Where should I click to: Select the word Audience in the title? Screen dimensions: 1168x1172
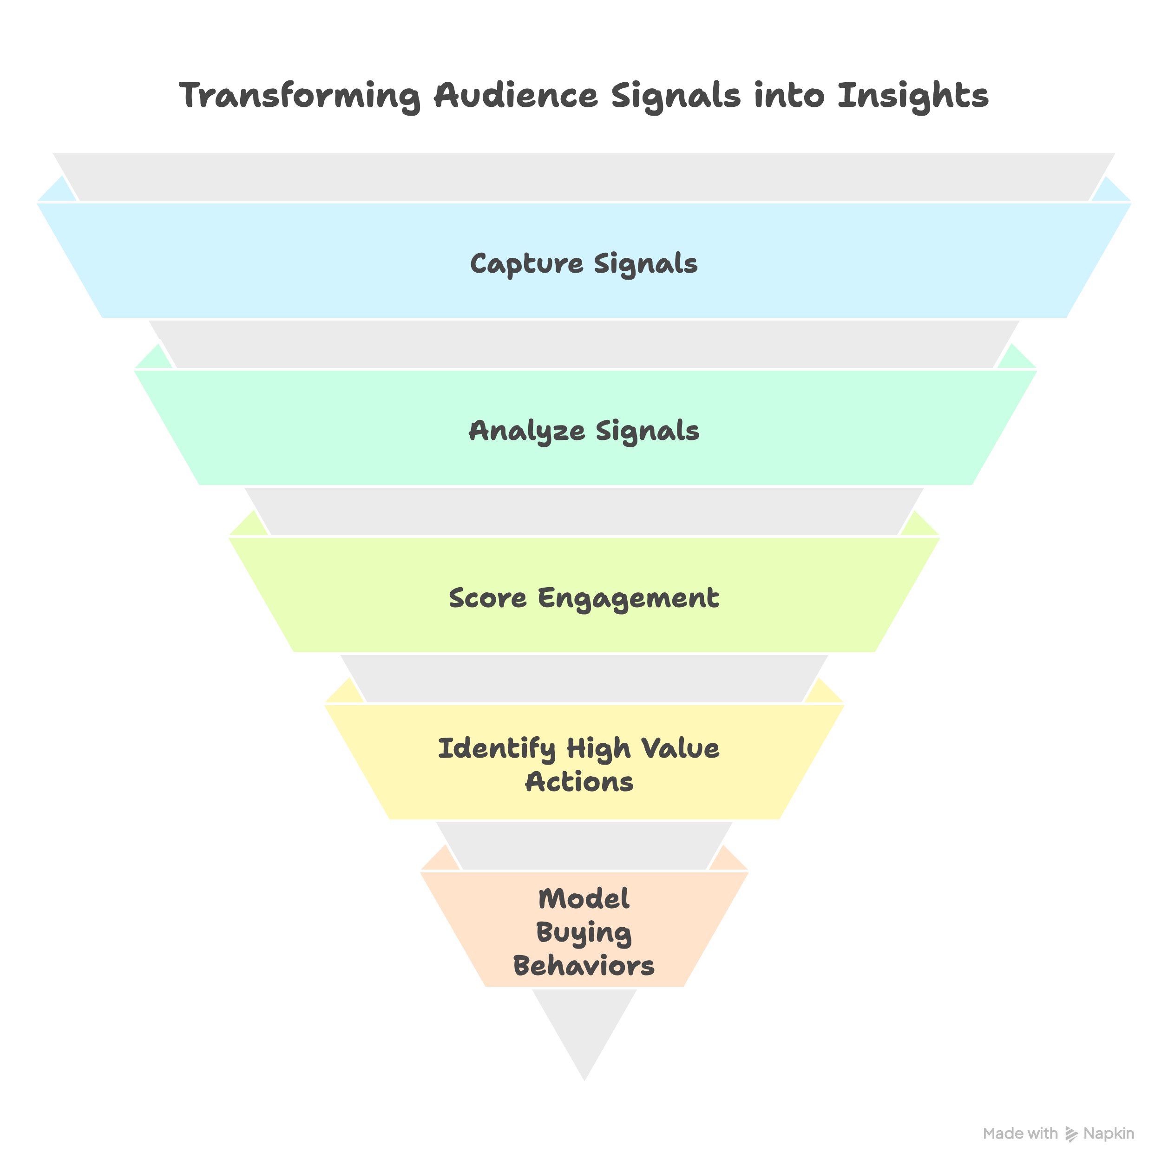tap(516, 96)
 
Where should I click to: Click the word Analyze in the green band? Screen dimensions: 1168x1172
tap(527, 431)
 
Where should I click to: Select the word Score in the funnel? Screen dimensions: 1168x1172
tap(488, 598)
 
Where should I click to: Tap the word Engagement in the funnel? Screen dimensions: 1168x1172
tap(628, 598)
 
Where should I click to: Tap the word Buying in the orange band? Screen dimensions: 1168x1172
tap(584, 933)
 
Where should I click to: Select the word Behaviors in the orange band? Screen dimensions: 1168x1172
tap(584, 966)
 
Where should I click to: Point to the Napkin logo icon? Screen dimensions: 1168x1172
tap(1071, 1134)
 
